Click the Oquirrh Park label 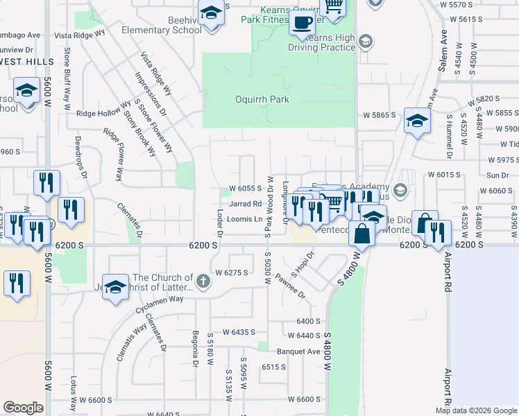click(260, 100)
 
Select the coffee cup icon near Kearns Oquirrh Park click(303, 21)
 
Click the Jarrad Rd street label click(245, 204)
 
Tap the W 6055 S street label click(246, 188)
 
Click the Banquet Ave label click(298, 351)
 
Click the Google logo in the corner click(23, 407)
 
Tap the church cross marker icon click(202, 281)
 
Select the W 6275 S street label click(232, 272)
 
